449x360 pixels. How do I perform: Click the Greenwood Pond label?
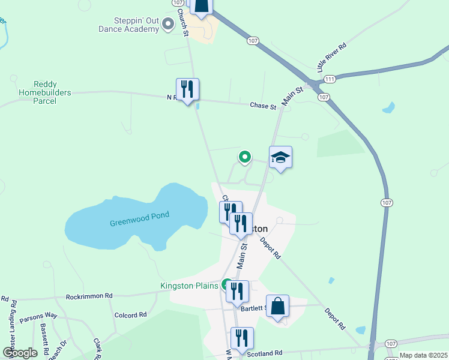pos(139,219)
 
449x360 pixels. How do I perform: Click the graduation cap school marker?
pos(280,158)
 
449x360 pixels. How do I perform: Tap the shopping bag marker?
pos(277,307)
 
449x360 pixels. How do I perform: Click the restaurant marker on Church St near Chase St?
pos(187,90)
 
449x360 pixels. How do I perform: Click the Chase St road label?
pos(263,106)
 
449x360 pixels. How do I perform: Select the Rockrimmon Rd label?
pos(89,296)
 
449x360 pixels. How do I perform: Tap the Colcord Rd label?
pos(130,314)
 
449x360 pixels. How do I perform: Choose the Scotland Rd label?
pos(265,353)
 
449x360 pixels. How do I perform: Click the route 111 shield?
pos(329,79)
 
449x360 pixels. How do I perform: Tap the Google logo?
pos(20,353)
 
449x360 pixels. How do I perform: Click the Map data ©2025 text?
pos(423,355)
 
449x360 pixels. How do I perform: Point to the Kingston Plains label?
pos(189,286)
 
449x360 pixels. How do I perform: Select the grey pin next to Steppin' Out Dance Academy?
pos(168,24)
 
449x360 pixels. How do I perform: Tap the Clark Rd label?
pos(97,349)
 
